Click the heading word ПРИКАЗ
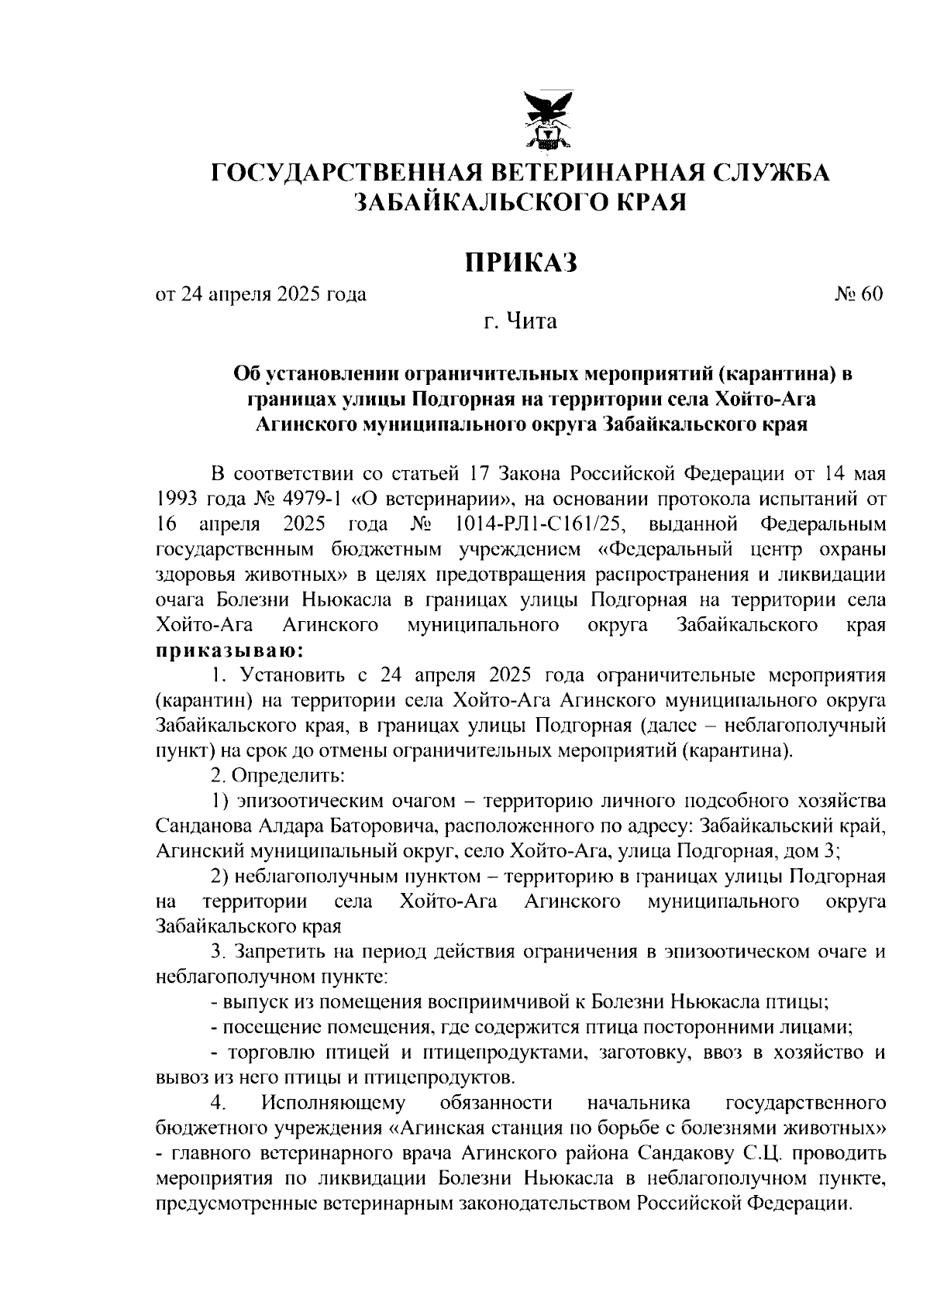pos(522,263)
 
